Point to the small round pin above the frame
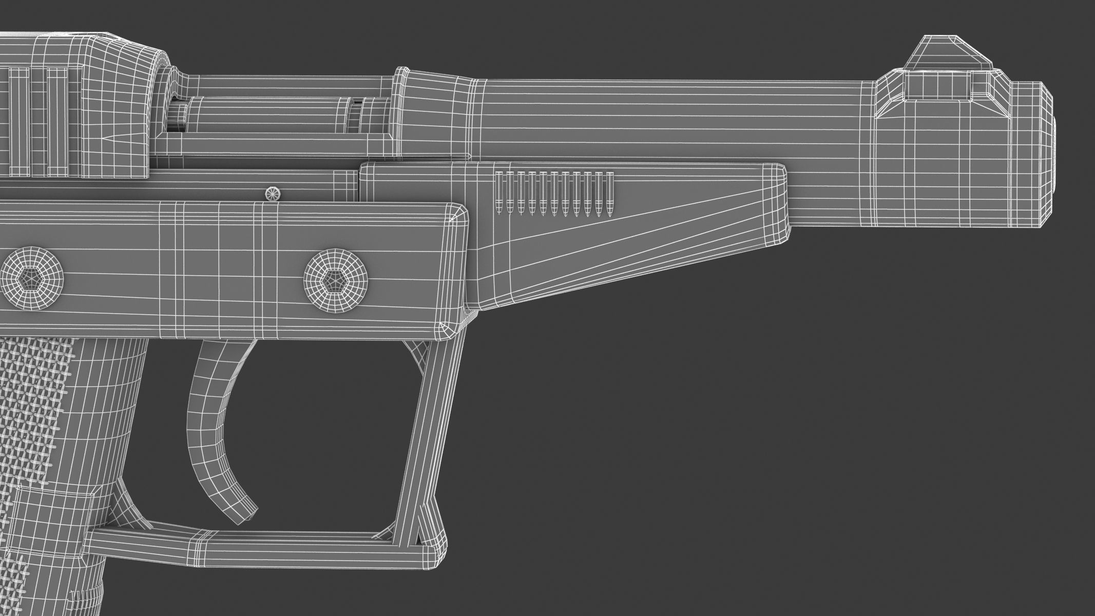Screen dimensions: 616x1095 pyautogui.click(x=273, y=194)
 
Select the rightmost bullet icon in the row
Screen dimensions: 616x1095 pyautogui.click(x=610, y=194)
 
